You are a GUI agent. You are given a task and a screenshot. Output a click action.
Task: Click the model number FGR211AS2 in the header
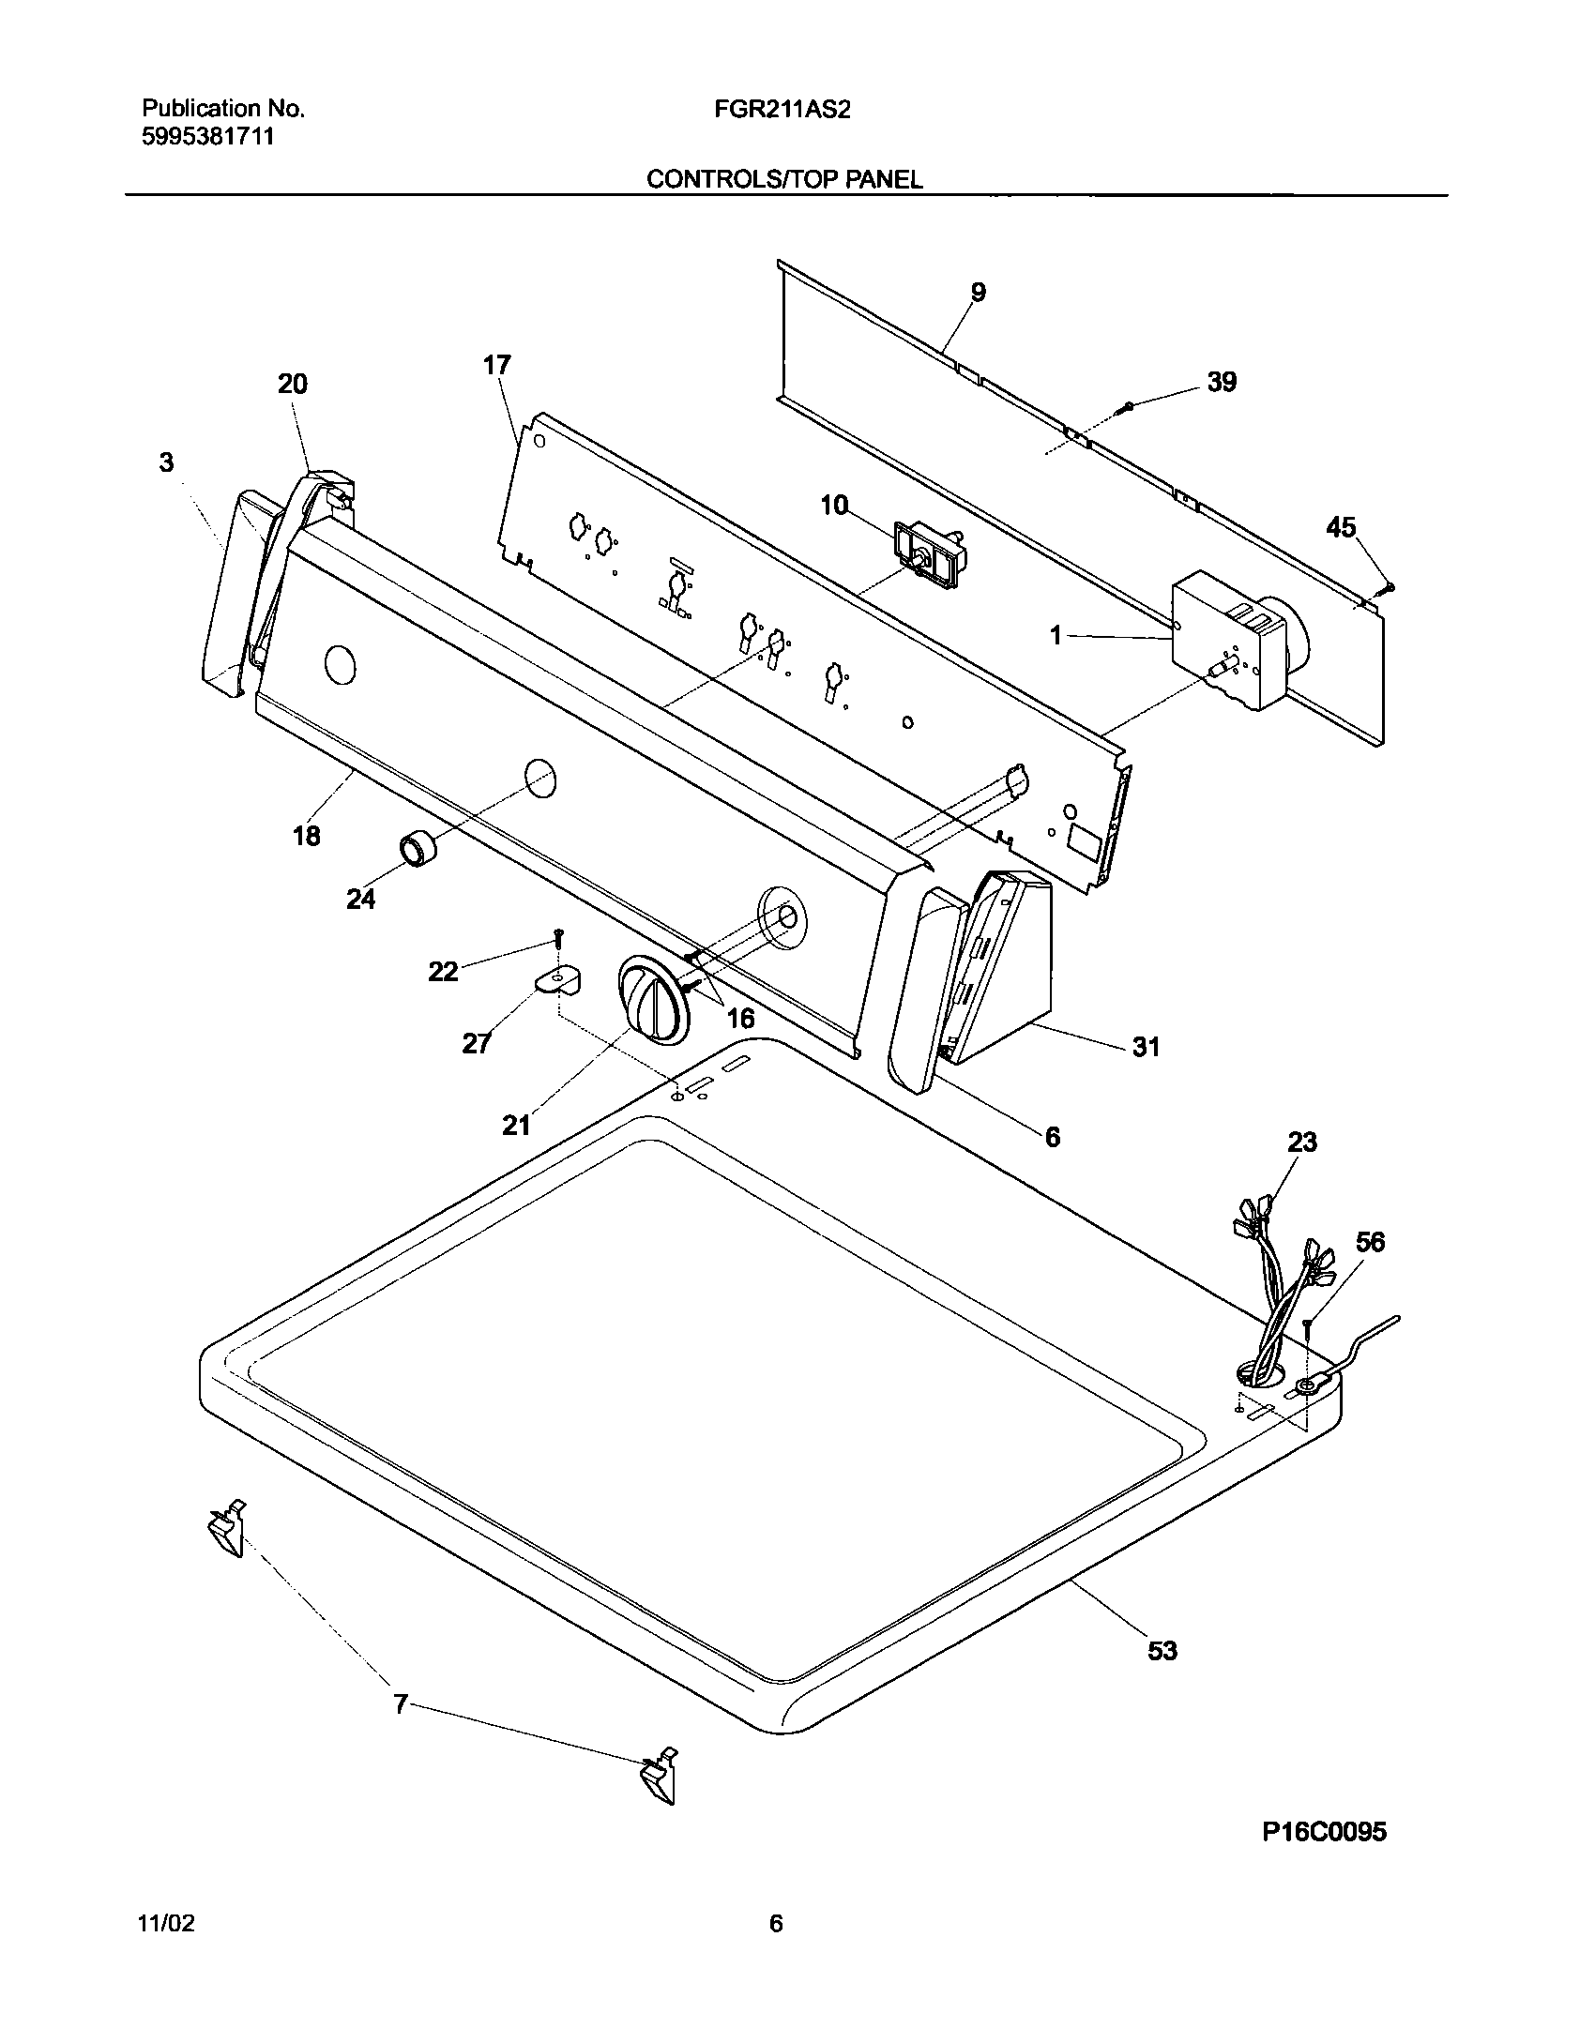782,110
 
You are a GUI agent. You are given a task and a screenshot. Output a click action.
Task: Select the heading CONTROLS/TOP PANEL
784,179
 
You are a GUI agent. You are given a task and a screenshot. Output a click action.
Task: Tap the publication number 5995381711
208,137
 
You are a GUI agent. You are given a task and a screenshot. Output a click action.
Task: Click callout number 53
1162,1651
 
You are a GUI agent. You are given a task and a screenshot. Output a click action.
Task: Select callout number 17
496,365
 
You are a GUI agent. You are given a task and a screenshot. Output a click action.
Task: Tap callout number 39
1222,382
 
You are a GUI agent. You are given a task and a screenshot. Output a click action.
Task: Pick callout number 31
1146,1047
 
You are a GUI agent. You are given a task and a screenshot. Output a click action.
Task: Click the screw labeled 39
1126,408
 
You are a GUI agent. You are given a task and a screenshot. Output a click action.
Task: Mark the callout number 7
401,1704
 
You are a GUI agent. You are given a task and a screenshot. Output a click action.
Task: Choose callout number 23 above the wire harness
1302,1143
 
